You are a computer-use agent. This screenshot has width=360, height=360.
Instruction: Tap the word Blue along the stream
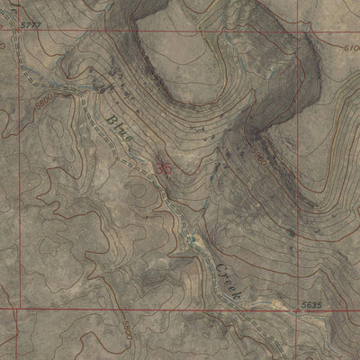point(120,128)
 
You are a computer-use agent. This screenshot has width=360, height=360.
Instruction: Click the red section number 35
point(163,167)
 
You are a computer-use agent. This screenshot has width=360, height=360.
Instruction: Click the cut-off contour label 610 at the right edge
point(350,48)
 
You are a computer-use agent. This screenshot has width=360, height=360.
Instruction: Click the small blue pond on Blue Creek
point(192,238)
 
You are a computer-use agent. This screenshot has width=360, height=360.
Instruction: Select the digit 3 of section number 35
point(159,167)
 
